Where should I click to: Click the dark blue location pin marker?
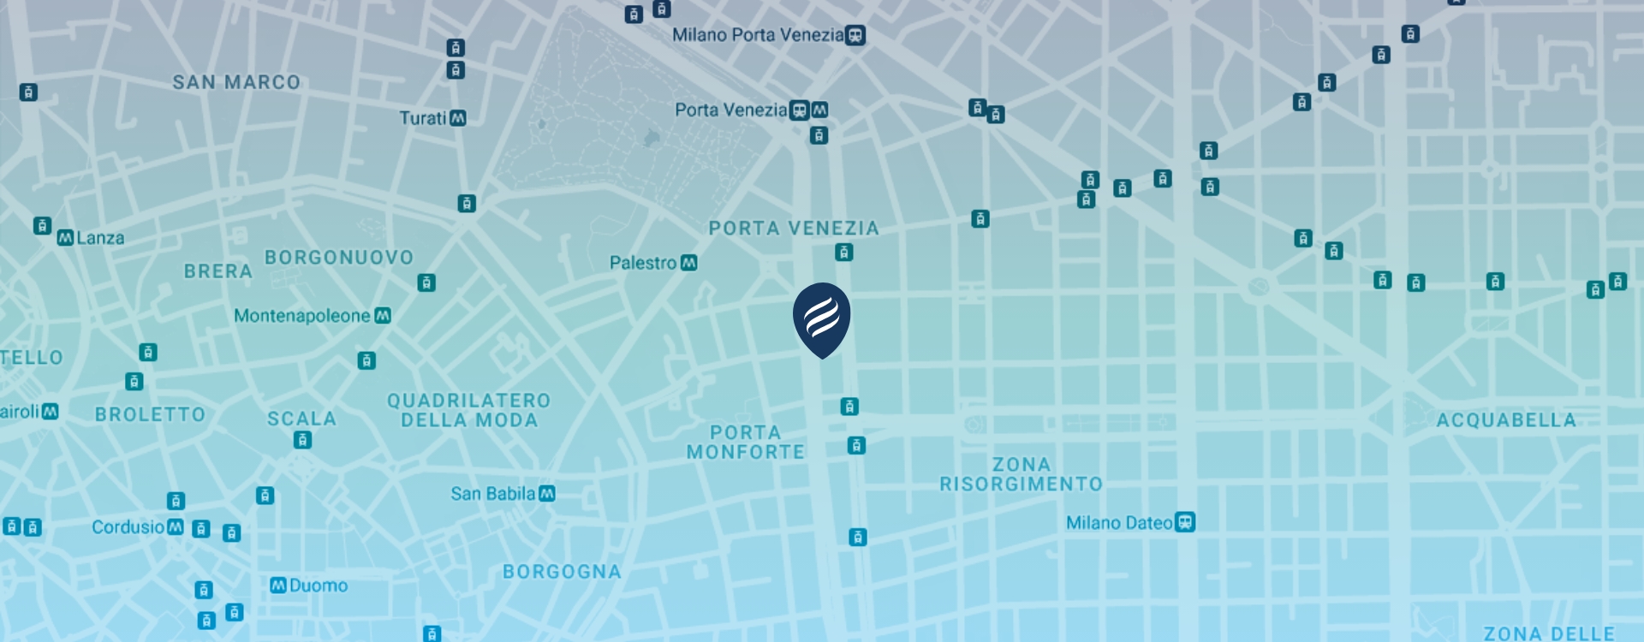[x=821, y=317]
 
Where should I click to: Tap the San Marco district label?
[x=236, y=82]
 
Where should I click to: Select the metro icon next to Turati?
[x=458, y=118]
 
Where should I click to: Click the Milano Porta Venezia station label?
[x=757, y=35]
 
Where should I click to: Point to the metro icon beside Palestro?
[x=688, y=263]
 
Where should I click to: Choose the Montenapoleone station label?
[x=301, y=316]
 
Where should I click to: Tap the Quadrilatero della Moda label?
[x=468, y=411]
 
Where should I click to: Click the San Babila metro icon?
[x=547, y=494]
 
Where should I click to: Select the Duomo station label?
[x=318, y=586]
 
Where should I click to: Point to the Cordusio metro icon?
[x=176, y=526]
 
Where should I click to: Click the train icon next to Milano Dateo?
[x=1185, y=522]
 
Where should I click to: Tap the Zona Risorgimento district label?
[x=1021, y=474]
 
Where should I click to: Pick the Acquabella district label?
[x=1505, y=420]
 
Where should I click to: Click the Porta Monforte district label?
[x=745, y=443]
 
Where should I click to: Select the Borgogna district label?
[x=562, y=572]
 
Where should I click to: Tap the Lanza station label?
[x=100, y=238]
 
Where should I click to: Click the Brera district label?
[x=218, y=271]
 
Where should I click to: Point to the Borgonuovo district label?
[x=339, y=258]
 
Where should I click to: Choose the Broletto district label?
[x=150, y=414]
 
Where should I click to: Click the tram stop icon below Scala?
[x=302, y=440]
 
